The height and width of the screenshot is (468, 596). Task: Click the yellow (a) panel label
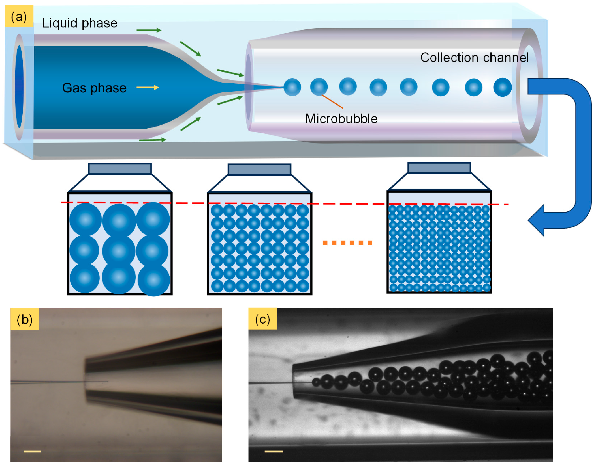pos(19,16)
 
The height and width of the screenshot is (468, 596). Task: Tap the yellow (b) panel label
pos(25,319)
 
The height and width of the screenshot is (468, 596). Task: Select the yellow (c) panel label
pos(262,319)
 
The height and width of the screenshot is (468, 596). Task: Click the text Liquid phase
pos(80,23)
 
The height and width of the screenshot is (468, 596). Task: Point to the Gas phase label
pos(94,88)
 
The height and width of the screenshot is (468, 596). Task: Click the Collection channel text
pos(474,57)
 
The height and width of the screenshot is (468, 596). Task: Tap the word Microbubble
pos(341,118)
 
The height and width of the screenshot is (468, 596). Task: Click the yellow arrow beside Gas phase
pos(148,88)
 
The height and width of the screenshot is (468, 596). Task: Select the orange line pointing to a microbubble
pos(332,101)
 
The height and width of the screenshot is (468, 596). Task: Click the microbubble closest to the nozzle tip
pos(292,87)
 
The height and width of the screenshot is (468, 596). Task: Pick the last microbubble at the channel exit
pos(502,87)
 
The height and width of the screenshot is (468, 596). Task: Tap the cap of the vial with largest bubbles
pos(120,169)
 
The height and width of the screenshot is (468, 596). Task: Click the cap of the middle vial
pos(259,169)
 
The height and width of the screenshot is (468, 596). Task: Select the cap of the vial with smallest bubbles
pos(439,168)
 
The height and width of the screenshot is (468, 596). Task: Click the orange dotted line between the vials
pos(347,243)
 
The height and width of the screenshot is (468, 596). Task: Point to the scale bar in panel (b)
pos(32,451)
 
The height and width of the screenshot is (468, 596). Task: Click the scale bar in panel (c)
pos(273,451)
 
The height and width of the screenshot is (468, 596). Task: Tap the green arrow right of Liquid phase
pos(149,30)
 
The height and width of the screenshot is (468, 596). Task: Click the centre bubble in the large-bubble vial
pos(119,251)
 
